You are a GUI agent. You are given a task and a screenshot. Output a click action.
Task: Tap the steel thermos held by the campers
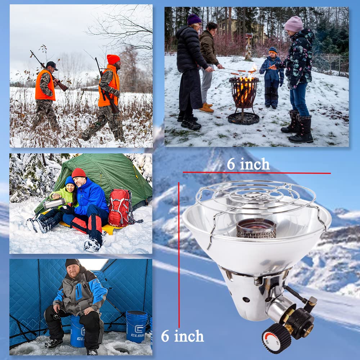coord(54,203)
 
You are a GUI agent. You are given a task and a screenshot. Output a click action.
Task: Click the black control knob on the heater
coord(276,338)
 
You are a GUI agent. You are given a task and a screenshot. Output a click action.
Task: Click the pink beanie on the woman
coord(294,24)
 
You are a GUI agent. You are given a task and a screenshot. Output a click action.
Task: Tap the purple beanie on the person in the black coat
coord(194,19)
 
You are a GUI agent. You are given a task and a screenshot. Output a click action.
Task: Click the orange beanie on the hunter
coord(113,59)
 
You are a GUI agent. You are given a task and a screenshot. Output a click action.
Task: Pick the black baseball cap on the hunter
coord(52,65)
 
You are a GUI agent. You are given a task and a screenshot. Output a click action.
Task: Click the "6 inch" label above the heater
coord(248,164)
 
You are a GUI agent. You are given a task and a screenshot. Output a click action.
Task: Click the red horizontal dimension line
coord(257,172)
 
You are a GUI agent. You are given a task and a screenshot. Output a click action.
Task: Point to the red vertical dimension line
coord(179,255)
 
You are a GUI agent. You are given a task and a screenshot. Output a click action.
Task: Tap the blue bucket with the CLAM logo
coord(136,326)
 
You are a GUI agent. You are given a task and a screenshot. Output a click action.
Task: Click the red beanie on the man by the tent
coord(78,173)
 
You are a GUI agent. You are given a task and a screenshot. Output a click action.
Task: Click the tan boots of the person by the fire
coord(206,108)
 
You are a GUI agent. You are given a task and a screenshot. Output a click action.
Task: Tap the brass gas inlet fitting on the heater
coord(309,327)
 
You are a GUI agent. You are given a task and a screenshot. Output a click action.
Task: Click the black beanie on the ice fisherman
coord(72,263)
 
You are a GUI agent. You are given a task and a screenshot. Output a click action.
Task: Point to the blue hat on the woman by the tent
coord(69,181)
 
